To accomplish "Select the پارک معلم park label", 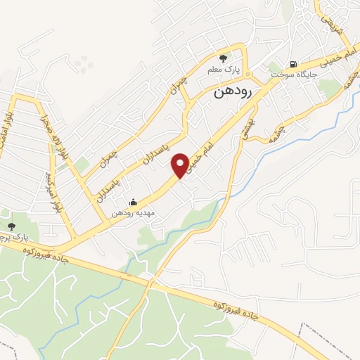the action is click(x=223, y=70).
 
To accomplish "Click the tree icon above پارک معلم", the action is click(x=223, y=59).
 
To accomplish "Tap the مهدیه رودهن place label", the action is click(x=134, y=212).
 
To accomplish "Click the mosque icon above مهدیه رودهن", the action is click(x=134, y=202).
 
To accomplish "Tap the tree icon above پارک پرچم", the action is click(x=11, y=226).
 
